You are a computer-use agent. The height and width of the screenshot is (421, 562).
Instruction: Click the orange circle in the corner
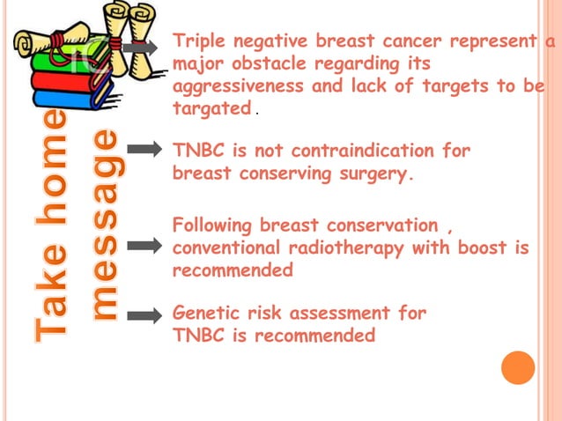(518, 367)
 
